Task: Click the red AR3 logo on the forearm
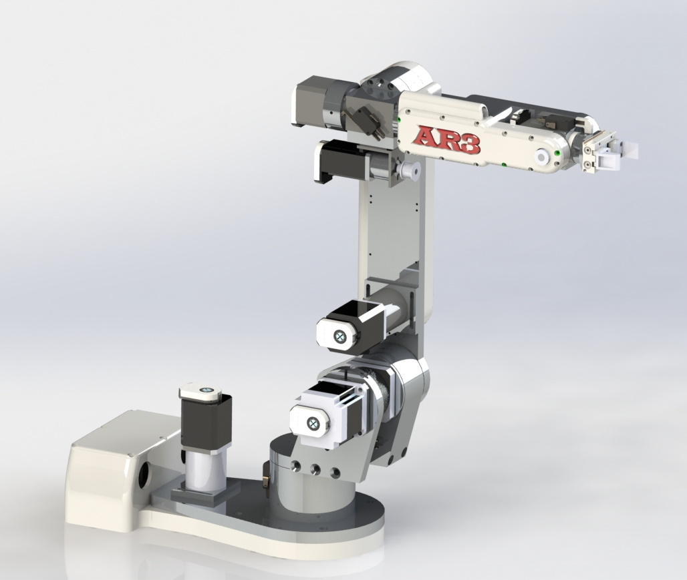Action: [446, 139]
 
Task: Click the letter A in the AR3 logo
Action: [424, 136]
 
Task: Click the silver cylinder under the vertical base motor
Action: [204, 467]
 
